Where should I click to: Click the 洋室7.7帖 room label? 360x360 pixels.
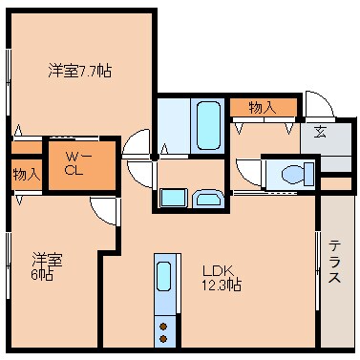pos(80,70)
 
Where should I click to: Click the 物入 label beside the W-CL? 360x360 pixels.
pos(26,174)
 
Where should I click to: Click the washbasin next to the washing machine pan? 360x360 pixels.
pos(207,200)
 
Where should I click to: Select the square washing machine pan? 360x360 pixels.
pos(173,198)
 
